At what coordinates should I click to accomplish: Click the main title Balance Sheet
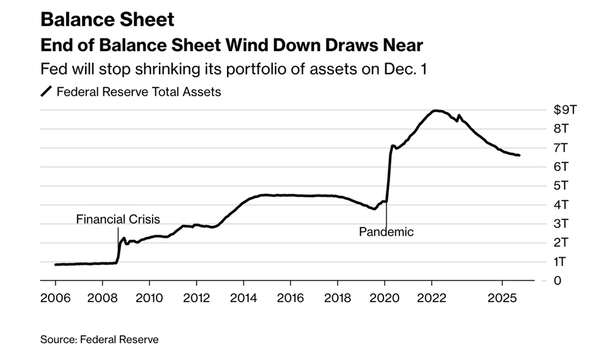(x=107, y=19)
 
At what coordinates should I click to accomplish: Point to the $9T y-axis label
(x=565, y=110)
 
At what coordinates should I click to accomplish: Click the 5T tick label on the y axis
(x=561, y=185)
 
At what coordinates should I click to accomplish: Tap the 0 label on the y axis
(x=557, y=281)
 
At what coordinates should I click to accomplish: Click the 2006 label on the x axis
(x=55, y=298)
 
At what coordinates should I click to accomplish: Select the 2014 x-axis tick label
(x=243, y=298)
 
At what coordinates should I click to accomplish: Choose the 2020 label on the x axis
(x=385, y=298)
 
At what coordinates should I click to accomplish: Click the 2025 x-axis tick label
(x=502, y=298)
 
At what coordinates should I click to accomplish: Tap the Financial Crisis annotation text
(x=118, y=219)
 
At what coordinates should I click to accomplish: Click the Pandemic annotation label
(x=386, y=232)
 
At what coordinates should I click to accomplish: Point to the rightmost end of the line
(x=519, y=155)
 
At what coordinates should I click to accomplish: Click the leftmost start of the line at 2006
(x=56, y=264)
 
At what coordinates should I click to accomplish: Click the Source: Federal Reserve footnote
(x=100, y=340)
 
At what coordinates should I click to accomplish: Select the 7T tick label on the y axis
(x=561, y=148)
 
